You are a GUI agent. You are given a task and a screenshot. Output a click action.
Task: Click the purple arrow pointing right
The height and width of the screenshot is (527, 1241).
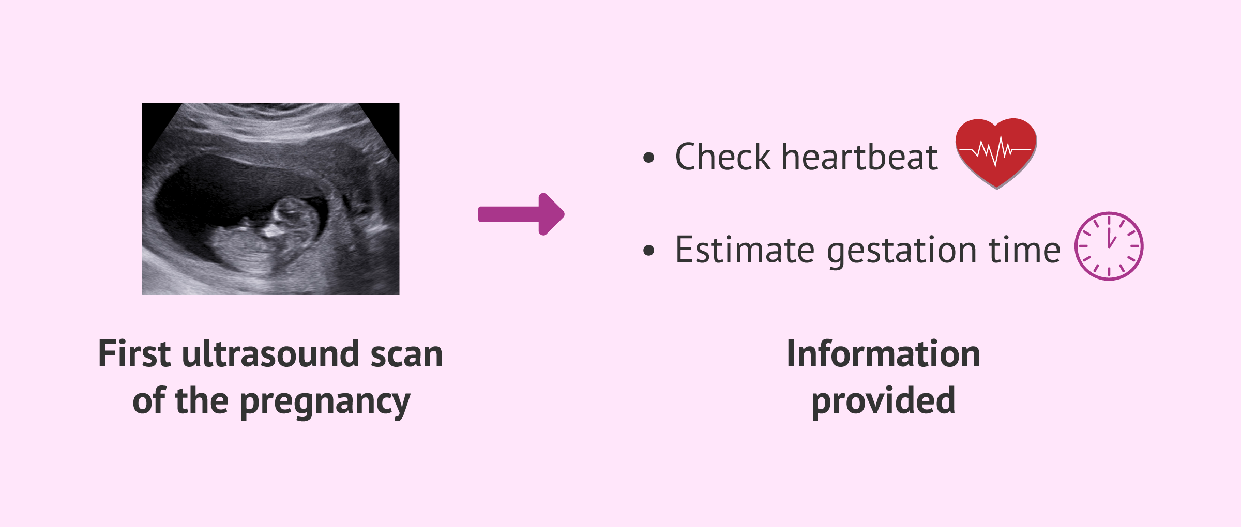[521, 214]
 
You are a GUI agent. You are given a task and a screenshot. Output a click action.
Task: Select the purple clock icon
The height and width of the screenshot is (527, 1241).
[1109, 246]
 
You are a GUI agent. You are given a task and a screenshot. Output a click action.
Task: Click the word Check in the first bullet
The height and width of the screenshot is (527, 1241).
[723, 157]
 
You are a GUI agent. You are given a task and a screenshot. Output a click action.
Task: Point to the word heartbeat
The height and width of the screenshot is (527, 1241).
[859, 157]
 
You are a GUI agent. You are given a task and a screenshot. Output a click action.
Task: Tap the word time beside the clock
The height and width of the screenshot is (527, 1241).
[1024, 250]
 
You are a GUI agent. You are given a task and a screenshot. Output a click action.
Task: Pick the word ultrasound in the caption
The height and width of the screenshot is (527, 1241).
[270, 354]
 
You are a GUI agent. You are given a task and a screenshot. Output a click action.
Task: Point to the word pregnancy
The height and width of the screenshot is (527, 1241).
[325, 402]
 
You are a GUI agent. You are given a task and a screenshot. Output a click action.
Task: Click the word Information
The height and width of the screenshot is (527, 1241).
[883, 354]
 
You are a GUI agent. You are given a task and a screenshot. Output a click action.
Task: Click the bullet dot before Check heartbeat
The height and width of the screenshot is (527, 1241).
[648, 158]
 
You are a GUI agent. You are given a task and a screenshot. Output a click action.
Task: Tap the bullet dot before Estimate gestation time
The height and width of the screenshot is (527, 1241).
[648, 251]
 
